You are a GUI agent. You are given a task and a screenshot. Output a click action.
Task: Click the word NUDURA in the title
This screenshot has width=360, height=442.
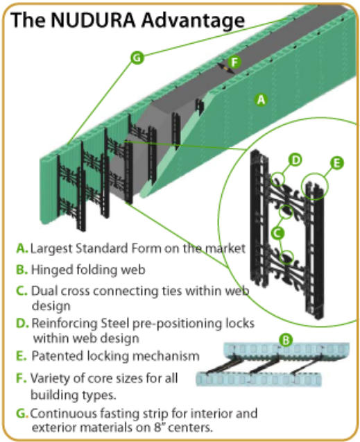tap(93, 20)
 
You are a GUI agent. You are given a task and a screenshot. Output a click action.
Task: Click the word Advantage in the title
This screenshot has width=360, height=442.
tap(193, 21)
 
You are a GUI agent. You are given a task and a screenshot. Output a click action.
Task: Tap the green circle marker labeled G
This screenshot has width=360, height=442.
tap(137, 58)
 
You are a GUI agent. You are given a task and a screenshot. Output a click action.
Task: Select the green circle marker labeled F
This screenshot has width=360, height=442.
tap(234, 62)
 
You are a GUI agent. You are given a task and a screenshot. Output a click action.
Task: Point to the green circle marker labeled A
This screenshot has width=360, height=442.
tap(261, 99)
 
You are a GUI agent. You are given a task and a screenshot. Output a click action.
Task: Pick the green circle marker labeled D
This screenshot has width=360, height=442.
tap(295, 160)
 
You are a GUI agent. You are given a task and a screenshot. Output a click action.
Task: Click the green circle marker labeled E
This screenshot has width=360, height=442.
tap(337, 162)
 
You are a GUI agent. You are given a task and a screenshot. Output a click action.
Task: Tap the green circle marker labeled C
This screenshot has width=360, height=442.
tap(277, 233)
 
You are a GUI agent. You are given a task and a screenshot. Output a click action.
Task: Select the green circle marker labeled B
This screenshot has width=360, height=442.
tap(286, 340)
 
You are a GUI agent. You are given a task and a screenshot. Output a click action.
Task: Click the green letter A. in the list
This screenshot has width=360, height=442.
tap(22, 248)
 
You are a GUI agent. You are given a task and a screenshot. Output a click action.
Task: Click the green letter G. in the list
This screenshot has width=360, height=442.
tap(22, 414)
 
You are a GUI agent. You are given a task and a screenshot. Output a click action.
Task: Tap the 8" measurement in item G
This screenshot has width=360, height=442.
tap(159, 427)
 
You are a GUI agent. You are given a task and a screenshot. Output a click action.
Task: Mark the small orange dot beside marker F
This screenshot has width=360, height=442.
tap(225, 68)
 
